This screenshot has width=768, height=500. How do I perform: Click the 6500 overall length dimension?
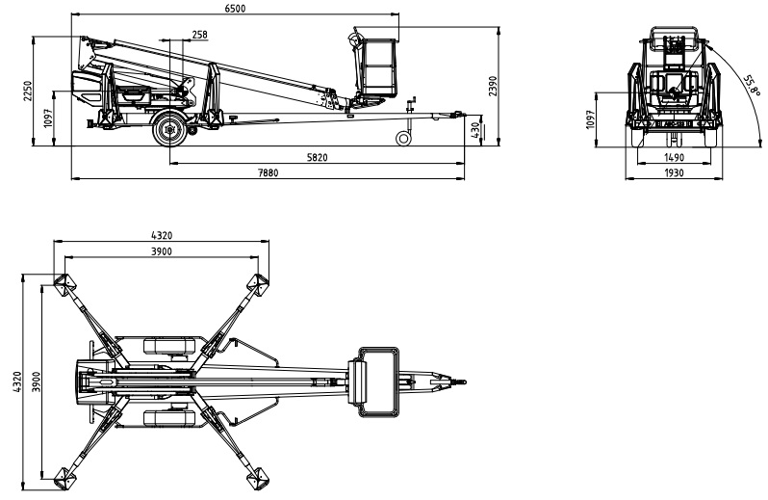pyautogui.click(x=235, y=8)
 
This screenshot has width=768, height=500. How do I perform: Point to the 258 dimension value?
pyautogui.click(x=199, y=34)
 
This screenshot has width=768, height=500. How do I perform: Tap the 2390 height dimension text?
pyautogui.click(x=492, y=87)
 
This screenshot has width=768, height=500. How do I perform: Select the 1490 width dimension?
pyautogui.click(x=673, y=157)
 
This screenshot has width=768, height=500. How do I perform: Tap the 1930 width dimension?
pyautogui.click(x=673, y=171)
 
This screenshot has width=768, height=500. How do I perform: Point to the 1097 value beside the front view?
pyautogui.click(x=592, y=119)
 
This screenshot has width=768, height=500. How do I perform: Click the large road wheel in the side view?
pyautogui.click(x=170, y=129)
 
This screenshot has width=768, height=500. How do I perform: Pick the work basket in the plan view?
pyautogui.click(x=378, y=382)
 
